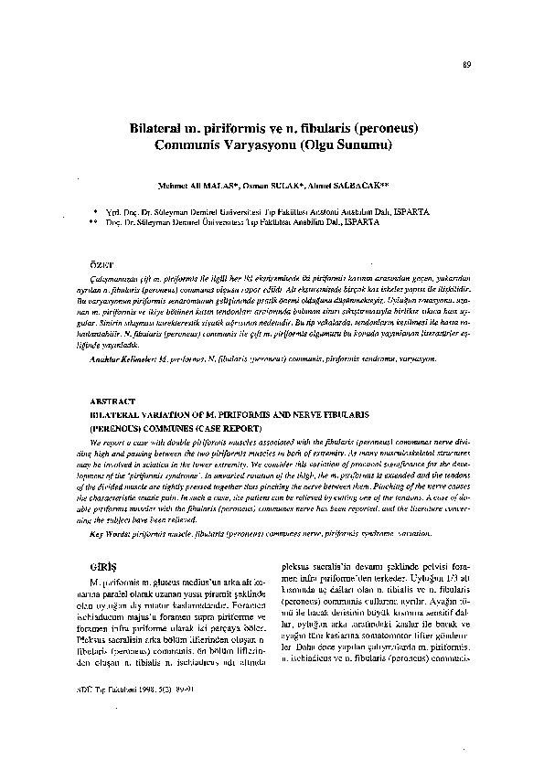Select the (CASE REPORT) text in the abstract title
pyautogui.click(x=225, y=427)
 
